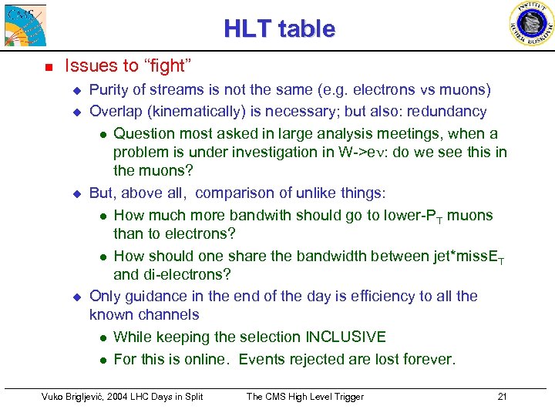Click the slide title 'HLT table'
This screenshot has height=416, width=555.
[279, 29]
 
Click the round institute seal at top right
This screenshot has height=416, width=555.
[532, 24]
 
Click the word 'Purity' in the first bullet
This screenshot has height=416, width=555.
[111, 90]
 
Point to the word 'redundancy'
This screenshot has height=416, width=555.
[450, 112]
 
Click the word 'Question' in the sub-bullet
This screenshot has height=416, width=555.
[144, 134]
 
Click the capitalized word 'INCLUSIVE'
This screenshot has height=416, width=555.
[345, 337]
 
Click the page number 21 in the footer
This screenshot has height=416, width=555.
[502, 397]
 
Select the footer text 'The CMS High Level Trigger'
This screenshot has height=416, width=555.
[304, 397]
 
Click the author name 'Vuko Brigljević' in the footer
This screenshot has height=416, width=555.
[73, 397]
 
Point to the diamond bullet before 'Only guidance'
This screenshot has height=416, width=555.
[76, 297]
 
